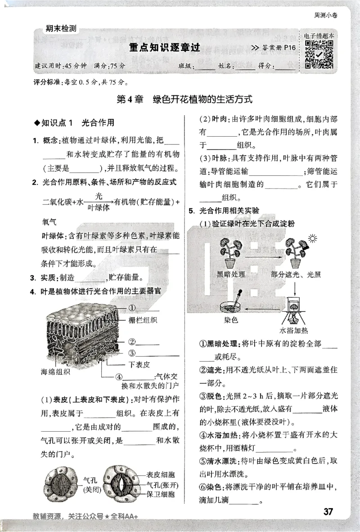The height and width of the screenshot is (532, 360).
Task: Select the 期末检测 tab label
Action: point(61,29)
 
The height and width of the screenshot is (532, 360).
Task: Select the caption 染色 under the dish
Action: point(230,320)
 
